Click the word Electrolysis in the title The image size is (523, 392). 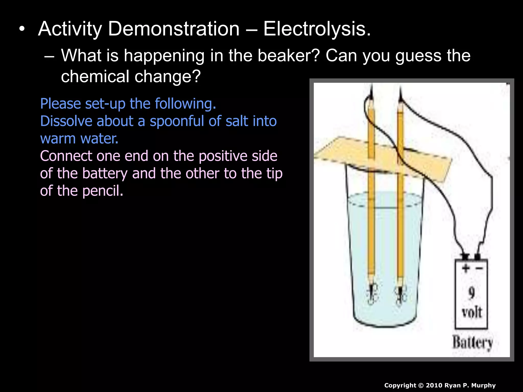317,29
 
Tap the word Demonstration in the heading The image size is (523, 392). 174,29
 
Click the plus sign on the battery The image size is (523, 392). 465,268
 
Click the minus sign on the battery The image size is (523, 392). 479,268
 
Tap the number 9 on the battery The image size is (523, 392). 471,293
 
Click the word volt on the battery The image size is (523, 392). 471,312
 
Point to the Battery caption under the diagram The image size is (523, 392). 472,342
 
